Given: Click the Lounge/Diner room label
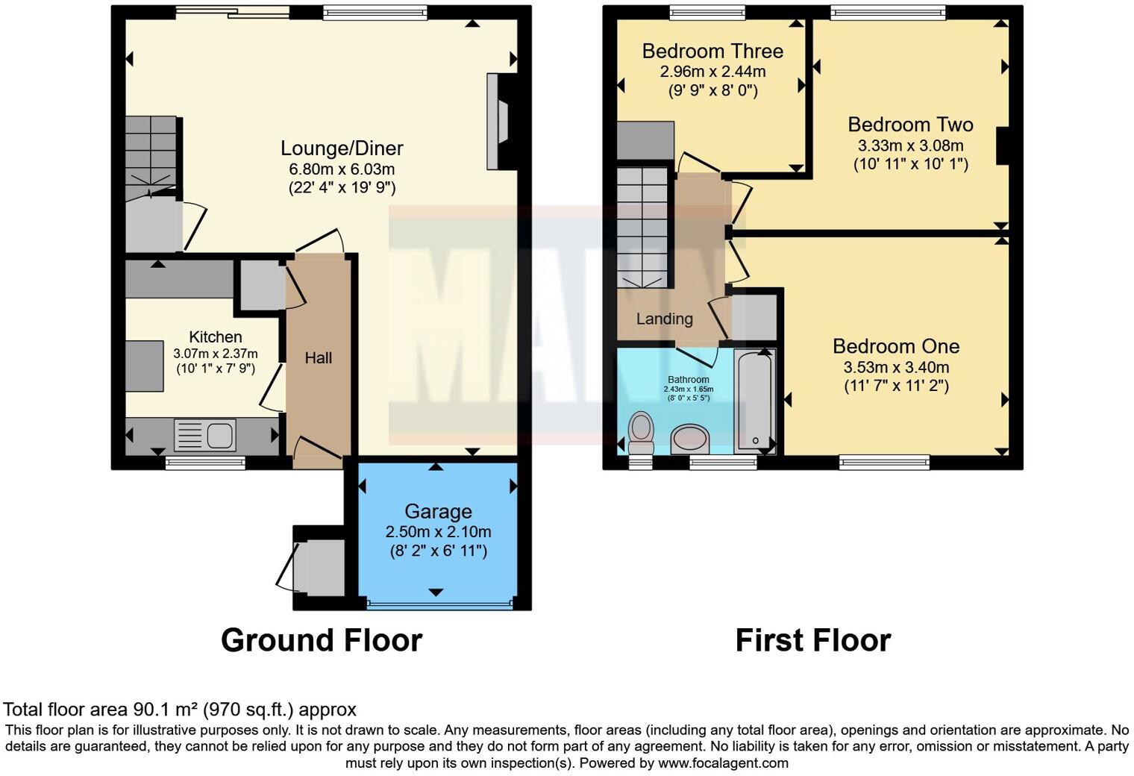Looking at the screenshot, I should (342, 148).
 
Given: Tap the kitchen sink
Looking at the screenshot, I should (205, 436).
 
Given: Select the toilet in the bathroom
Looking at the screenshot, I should (641, 433).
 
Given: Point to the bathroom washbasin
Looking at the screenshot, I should (690, 439).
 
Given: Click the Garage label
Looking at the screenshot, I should (438, 512).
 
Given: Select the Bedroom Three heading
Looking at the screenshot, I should (712, 51).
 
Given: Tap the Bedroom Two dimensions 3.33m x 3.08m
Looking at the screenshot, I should (910, 145).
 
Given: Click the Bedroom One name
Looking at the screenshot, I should (895, 346).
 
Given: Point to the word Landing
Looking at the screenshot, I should (664, 319).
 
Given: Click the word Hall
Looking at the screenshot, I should (318, 358).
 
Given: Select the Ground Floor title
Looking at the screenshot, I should (322, 640).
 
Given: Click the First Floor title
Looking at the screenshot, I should (812, 640).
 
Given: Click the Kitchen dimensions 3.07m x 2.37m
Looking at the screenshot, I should (215, 354).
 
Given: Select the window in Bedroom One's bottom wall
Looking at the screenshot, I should (884, 463).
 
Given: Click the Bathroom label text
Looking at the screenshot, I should (688, 380).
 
